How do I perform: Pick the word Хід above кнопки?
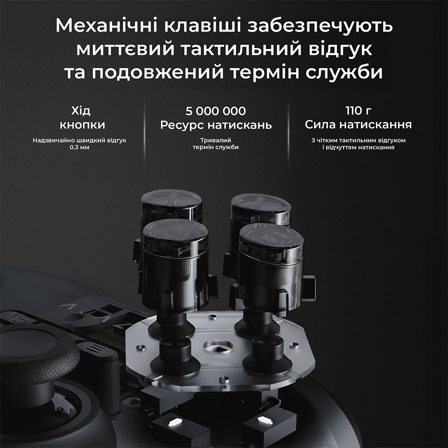point(82,110)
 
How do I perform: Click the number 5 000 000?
point(216,111)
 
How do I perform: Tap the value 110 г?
point(358,111)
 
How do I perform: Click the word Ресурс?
point(183,125)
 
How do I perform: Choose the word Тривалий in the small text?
point(215,140)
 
